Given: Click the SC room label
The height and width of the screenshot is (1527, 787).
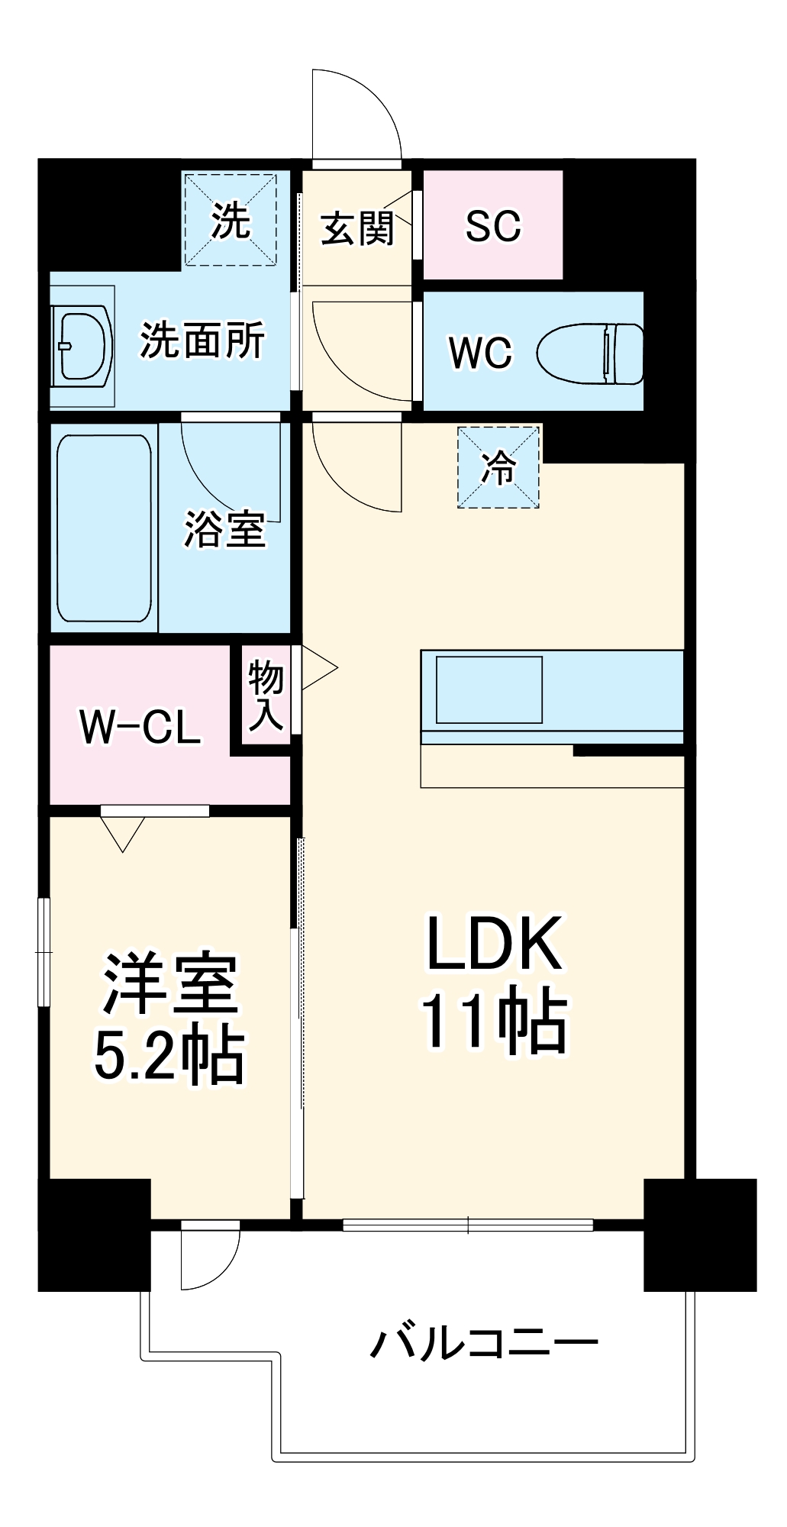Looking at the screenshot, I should (x=493, y=226).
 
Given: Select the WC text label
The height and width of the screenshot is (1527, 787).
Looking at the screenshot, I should (x=480, y=353).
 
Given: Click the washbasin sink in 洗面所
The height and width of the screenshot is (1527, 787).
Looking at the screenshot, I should (x=82, y=345).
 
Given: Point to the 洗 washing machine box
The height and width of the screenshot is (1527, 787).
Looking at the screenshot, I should (x=230, y=219).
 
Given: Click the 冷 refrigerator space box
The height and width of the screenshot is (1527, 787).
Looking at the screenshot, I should (x=498, y=467).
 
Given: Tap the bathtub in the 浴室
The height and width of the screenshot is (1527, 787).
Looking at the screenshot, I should (x=104, y=528).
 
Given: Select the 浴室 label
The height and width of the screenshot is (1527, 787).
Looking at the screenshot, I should (x=224, y=528).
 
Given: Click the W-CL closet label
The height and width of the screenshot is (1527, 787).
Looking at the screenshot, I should (x=140, y=727).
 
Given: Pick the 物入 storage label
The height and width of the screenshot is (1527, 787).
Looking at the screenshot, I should (x=266, y=696).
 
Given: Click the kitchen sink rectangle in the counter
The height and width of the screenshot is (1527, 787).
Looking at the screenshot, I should (x=489, y=689).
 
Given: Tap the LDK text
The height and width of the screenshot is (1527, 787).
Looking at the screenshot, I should (x=495, y=944).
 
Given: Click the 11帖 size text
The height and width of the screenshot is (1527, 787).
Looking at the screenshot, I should (x=495, y=1022).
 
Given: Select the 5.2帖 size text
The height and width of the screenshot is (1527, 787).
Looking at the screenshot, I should (x=169, y=1056).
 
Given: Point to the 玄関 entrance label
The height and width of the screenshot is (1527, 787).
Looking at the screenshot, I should (x=356, y=228).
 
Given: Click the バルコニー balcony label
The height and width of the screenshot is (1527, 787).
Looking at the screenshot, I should (x=484, y=1342).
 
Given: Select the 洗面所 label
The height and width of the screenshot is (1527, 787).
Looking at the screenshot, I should (x=202, y=341).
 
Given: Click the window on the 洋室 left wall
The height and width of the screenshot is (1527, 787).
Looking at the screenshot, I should (x=44, y=952).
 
